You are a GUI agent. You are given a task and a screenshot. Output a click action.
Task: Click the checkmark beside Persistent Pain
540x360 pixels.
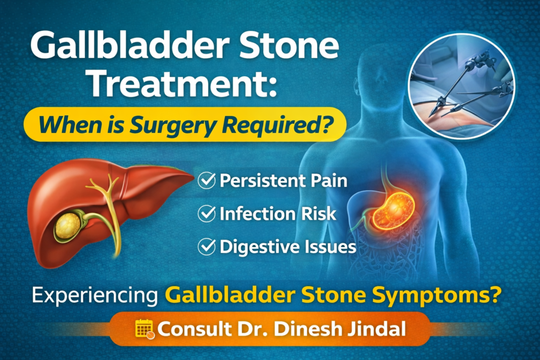(206, 181)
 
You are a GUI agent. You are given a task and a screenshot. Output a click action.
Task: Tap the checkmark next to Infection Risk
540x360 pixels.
(206, 213)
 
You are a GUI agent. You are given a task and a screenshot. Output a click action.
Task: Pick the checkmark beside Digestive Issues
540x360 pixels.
(206, 246)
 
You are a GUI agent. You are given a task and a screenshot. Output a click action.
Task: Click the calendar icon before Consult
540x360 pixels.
(144, 329)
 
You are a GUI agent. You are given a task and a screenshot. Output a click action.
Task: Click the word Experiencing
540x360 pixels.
(95, 294)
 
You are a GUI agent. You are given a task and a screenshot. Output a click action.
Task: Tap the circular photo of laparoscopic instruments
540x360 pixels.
(462, 87)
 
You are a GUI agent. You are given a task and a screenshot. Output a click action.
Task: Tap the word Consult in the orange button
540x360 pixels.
(192, 329)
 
